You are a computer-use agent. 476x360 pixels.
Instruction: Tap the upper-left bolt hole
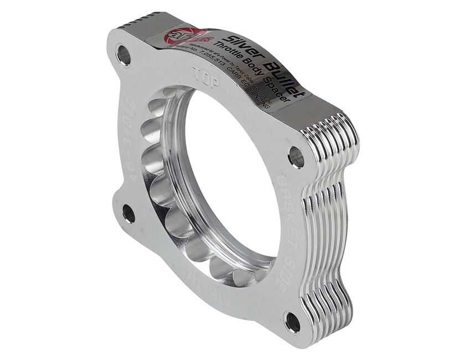123,55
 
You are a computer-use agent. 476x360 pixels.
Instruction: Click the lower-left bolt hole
128,213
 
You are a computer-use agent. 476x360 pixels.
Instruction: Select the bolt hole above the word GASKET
296,157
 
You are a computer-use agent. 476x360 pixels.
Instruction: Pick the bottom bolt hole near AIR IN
292,322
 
